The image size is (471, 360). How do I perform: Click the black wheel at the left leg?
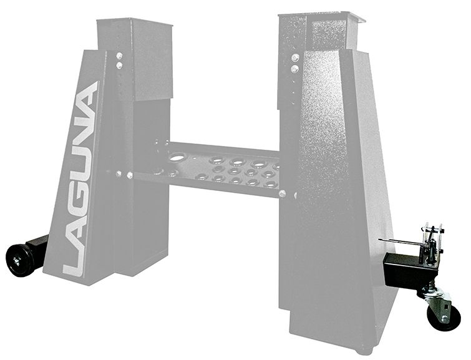[18, 258]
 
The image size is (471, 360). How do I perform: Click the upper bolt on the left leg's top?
[119, 55]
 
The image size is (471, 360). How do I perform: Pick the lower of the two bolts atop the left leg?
[119, 64]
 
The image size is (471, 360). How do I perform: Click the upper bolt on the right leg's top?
[295, 58]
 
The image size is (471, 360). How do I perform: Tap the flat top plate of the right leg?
[321, 15]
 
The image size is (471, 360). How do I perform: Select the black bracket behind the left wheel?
[37, 246]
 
